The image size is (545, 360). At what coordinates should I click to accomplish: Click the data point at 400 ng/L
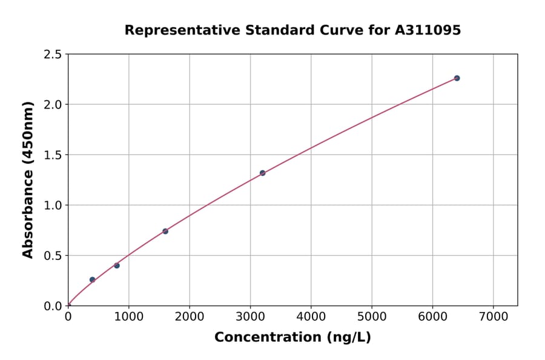tap(92, 279)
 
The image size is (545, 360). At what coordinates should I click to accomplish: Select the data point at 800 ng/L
tap(117, 265)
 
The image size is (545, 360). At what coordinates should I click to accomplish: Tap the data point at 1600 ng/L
tap(165, 231)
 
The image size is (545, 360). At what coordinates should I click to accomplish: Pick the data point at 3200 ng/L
tap(262, 173)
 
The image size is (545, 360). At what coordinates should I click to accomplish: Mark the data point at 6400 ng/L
tap(457, 78)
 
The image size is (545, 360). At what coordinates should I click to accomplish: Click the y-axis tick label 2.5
tap(53, 55)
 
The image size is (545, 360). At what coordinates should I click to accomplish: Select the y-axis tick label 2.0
tap(53, 105)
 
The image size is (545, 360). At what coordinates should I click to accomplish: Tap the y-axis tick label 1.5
tap(53, 155)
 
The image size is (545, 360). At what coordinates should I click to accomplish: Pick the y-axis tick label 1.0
tap(53, 205)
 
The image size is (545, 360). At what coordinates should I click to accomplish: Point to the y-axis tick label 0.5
tap(53, 256)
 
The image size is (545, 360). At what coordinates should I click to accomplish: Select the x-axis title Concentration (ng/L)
tap(292, 337)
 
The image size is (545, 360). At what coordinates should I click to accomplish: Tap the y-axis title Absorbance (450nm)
tap(28, 179)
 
